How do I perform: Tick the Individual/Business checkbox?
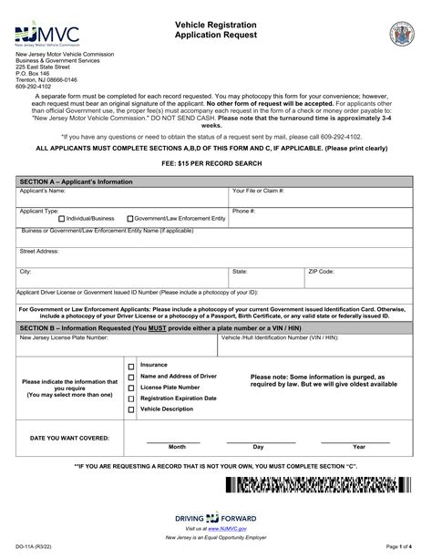(61, 219)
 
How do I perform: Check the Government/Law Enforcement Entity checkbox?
(130, 219)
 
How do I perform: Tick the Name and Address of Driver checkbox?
(131, 377)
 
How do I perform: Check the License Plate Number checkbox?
(131, 388)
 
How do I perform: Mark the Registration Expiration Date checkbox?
(131, 399)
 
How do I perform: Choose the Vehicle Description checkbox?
(131, 409)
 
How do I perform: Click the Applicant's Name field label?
(43, 192)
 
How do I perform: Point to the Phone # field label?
(243, 211)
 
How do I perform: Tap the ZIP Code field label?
(320, 272)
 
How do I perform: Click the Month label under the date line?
(177, 447)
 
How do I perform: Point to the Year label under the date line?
(359, 447)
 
